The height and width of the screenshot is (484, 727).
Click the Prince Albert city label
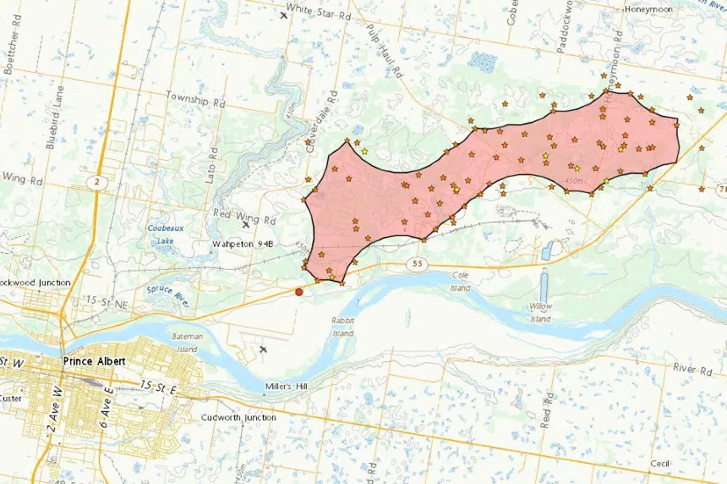[x=94, y=361]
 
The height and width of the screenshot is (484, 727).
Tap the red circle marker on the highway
[x=298, y=292]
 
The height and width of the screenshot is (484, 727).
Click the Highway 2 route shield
[x=96, y=181]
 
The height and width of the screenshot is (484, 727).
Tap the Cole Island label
[x=460, y=282]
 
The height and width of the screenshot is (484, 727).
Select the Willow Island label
[x=541, y=313]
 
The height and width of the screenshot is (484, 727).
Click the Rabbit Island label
[x=342, y=327]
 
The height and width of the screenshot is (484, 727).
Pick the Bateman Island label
[x=186, y=343]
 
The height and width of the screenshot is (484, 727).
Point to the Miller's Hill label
[x=290, y=387]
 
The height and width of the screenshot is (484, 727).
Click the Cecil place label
[x=660, y=464]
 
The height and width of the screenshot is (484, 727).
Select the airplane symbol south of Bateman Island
[x=263, y=349]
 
